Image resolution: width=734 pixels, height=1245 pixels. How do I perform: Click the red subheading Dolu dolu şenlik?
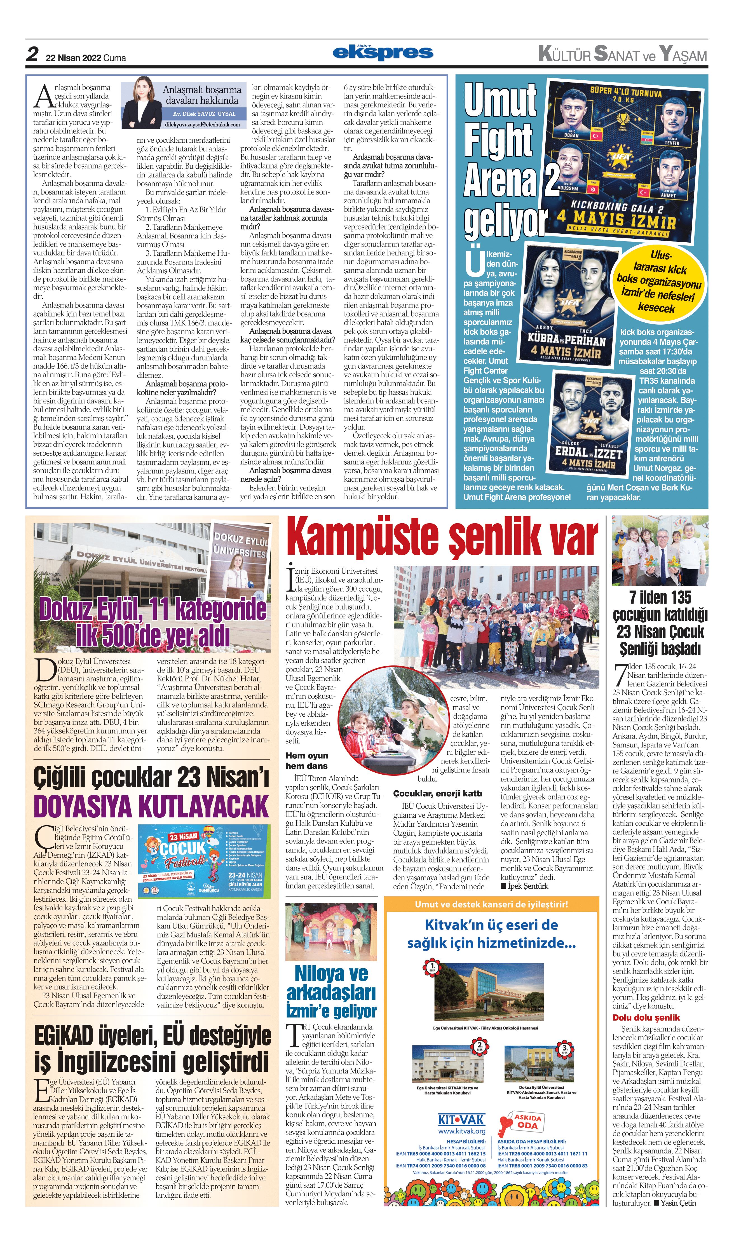[x=646, y=1017]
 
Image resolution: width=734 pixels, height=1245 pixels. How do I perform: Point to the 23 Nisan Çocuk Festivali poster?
[x=204, y=861]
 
